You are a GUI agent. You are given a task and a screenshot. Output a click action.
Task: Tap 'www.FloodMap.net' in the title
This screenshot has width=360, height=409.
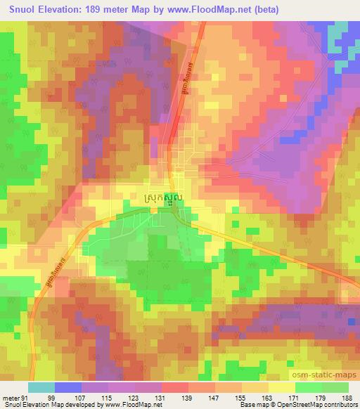click(203, 10)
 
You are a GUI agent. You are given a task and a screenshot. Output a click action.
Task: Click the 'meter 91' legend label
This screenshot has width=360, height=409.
click(14, 398)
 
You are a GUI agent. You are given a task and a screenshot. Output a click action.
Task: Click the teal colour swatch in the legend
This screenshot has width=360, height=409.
click(41, 387)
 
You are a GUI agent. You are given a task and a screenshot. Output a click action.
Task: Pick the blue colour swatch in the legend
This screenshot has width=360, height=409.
click(68, 387)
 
